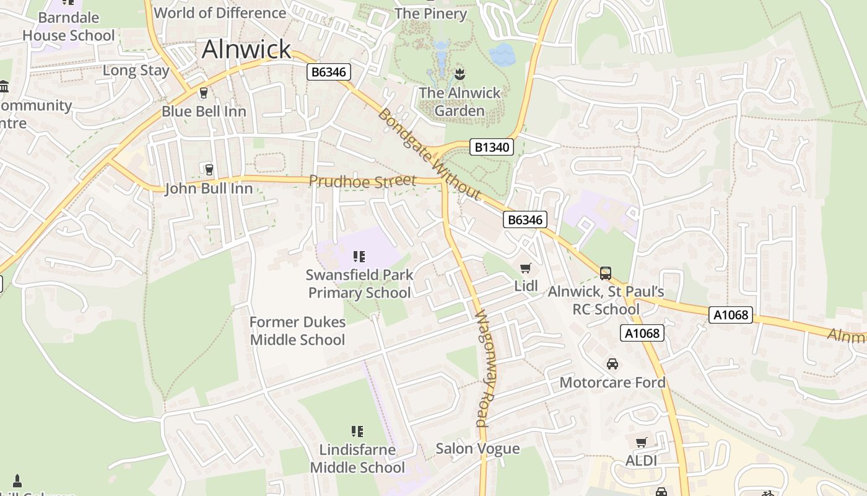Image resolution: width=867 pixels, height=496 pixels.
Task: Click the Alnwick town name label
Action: coord(246,49)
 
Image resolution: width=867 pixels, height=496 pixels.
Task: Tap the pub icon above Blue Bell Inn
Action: coord(203,93)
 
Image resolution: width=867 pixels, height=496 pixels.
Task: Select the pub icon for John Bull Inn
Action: coord(209,169)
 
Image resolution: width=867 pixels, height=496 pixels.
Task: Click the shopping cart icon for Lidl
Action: coord(526,268)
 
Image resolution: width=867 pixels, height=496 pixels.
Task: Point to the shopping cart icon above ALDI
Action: coord(641,442)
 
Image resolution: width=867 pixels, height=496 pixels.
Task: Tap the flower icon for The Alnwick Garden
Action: coord(459,74)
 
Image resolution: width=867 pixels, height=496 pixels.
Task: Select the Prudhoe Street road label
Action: coord(362,182)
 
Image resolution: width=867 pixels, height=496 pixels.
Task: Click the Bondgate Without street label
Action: coord(429,154)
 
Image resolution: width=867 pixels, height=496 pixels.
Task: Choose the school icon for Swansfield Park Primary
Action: coord(359,256)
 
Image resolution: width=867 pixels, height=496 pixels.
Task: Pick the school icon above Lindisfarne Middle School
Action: coord(357,431)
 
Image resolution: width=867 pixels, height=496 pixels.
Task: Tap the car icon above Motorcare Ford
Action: coord(612,363)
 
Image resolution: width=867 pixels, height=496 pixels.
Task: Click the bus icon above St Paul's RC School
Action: coord(606,273)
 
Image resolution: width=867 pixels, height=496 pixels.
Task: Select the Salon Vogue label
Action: coord(477,448)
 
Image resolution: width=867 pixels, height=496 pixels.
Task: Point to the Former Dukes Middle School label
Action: coord(297,331)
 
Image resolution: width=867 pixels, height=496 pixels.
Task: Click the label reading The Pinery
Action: coord(430,13)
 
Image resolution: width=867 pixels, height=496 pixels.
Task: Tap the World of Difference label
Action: coord(220,12)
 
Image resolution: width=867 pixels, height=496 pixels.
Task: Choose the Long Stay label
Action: coord(136,70)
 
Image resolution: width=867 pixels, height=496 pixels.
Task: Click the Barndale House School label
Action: coord(69,27)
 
